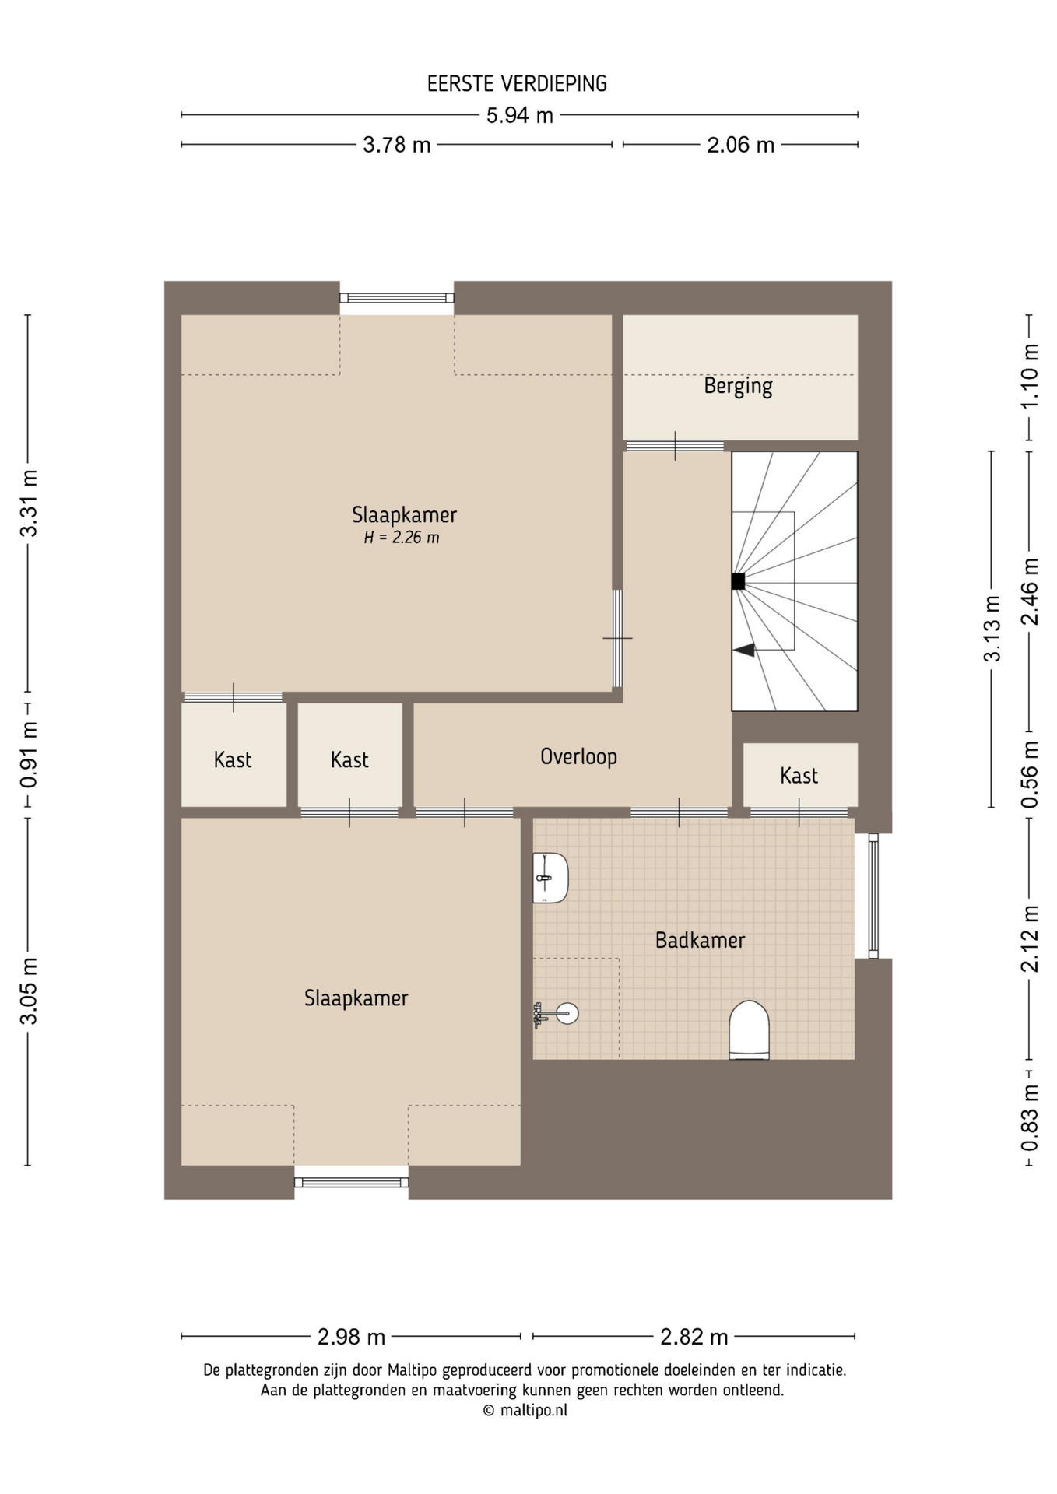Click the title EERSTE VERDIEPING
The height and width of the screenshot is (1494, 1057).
click(x=517, y=84)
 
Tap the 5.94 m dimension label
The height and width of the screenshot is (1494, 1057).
click(x=520, y=116)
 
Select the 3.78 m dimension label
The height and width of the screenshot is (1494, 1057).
click(x=397, y=145)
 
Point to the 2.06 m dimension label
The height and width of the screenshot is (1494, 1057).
click(x=740, y=145)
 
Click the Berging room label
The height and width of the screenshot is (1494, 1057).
click(x=738, y=387)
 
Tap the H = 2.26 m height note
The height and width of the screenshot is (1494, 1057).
click(x=402, y=538)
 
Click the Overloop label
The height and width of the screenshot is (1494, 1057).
click(x=578, y=757)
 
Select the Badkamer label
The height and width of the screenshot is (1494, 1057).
click(x=700, y=941)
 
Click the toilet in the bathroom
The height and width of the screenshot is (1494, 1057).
click(x=749, y=1029)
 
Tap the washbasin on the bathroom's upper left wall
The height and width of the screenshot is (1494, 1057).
click(x=550, y=878)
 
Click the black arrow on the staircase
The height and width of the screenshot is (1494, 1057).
click(x=744, y=650)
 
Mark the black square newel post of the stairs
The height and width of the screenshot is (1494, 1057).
click(x=738, y=581)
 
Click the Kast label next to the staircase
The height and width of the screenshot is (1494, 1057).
click(x=799, y=776)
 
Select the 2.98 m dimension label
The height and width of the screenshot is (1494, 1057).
click(x=351, y=1337)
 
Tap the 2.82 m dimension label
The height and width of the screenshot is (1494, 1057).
click(x=694, y=1337)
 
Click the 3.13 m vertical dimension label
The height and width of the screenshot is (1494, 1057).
click(x=992, y=629)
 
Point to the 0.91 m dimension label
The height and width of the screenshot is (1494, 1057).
click(x=29, y=755)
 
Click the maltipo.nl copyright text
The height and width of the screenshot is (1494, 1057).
click(x=525, y=1410)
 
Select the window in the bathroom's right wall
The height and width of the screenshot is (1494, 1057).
click(x=873, y=896)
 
